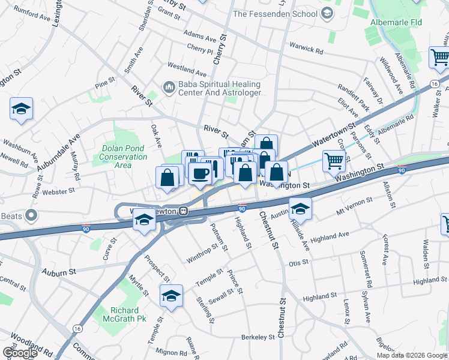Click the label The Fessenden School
coord(275,13)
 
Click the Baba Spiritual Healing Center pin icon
coord(169,88)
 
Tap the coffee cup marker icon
coord(199,174)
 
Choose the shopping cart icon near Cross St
coord(334,160)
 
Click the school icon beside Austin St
coord(300,208)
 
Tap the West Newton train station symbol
coord(185,212)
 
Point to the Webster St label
coord(58,191)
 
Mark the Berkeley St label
coord(258,337)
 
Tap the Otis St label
coord(298,262)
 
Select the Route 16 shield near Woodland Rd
coord(77,328)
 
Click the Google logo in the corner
coord(20,353)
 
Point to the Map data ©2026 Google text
coord(411,355)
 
